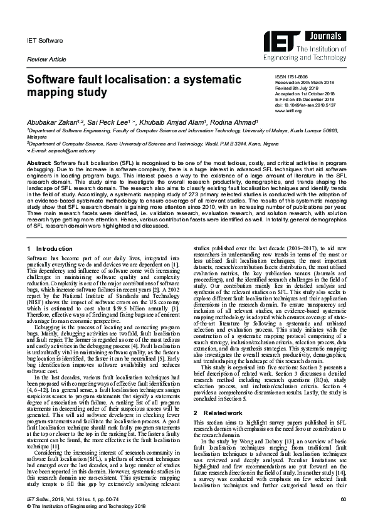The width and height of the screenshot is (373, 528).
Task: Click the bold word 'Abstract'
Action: (38, 162)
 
